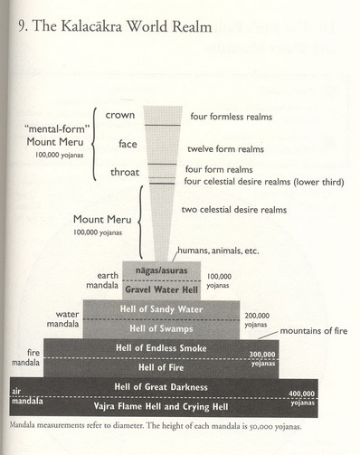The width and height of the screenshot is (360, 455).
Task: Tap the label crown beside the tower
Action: (120, 115)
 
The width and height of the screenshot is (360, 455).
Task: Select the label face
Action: (128, 144)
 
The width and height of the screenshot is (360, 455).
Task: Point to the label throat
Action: (125, 172)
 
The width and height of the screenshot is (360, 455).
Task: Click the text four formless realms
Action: (232, 117)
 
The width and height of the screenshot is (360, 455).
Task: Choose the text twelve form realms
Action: (225, 148)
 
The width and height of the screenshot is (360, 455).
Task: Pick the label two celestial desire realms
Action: (234, 210)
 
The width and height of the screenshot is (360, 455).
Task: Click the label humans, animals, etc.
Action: (218, 251)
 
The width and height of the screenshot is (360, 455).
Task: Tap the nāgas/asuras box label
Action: (161, 270)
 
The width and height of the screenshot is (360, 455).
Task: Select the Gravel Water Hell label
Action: (162, 289)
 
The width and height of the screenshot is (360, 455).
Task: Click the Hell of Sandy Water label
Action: (161, 309)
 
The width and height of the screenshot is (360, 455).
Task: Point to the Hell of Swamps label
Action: (161, 328)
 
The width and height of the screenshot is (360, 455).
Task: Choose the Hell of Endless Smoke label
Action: (161, 348)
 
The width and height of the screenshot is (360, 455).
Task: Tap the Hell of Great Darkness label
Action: (161, 387)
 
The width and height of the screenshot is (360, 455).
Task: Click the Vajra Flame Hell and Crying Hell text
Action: (161, 406)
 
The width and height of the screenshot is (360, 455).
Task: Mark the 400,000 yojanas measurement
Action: (302, 398)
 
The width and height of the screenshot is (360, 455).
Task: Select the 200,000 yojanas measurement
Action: (257, 320)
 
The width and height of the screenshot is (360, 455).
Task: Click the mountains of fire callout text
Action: (314, 331)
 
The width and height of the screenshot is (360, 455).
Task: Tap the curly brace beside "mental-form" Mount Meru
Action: (94, 144)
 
